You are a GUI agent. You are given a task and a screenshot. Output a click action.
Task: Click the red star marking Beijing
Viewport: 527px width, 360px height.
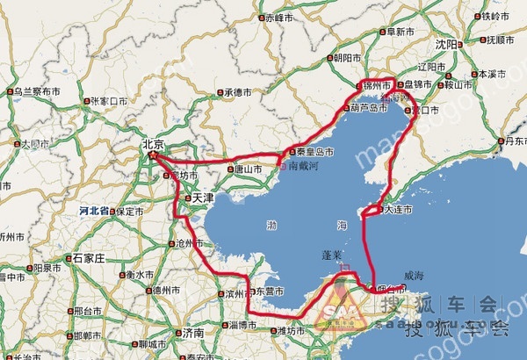[x=154, y=155]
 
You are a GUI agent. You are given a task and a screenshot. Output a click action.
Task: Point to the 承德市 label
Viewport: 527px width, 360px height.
[x=238, y=91]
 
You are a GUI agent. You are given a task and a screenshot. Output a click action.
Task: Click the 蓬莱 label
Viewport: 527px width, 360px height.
[x=335, y=253]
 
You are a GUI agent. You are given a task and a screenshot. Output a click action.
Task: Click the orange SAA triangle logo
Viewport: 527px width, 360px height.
[x=337, y=309]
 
